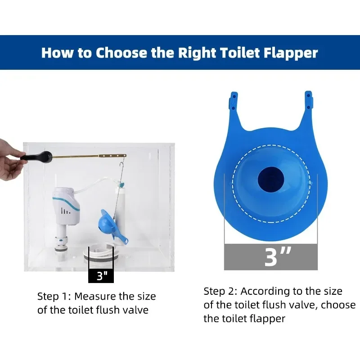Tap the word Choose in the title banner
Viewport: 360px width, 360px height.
pyautogui.click(x=121, y=53)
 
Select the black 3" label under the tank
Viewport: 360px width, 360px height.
pyautogui.click(x=101, y=276)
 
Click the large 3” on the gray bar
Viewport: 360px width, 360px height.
pyautogui.click(x=277, y=256)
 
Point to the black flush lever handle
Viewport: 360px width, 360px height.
pyautogui.click(x=36, y=157)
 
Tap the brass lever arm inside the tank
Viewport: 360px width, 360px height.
pyautogui.click(x=89, y=156)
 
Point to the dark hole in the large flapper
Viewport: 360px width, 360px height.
pyautogui.click(x=271, y=180)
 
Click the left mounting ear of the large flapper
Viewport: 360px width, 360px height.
pyautogui.click(x=233, y=101)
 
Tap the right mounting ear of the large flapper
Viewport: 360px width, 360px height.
pyautogui.click(x=309, y=100)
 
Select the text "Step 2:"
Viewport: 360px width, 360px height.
pyautogui.click(x=220, y=291)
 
